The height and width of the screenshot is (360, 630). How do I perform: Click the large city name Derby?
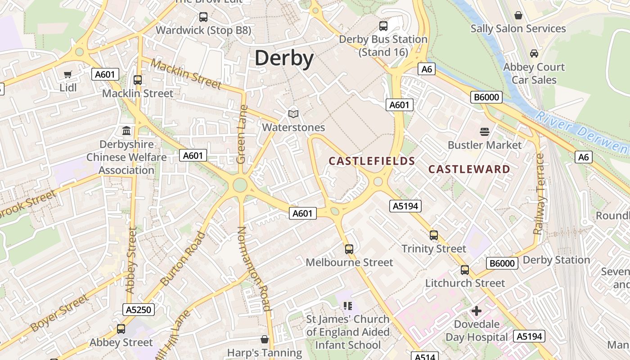284,58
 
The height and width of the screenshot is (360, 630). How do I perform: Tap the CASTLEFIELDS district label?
372,161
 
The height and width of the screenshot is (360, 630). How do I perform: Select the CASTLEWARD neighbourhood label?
469,169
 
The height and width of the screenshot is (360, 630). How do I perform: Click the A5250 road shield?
139,310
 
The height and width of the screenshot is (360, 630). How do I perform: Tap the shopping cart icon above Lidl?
68,75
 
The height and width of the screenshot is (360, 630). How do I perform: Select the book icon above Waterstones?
293,114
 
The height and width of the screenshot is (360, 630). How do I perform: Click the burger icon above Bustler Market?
485,132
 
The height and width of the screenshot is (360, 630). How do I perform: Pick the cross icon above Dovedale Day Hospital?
477,311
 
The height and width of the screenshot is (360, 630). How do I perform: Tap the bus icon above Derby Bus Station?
383,26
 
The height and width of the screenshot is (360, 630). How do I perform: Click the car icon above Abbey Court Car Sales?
534,54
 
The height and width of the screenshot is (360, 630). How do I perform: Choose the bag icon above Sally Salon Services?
518,15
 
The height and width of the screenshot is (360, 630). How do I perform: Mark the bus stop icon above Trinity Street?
434,235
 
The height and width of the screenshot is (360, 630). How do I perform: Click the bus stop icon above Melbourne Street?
349,249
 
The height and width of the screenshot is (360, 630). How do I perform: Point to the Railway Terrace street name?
539,194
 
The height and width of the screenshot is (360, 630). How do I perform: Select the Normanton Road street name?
254,269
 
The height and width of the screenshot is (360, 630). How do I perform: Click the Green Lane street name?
242,134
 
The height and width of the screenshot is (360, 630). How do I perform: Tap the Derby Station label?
556,260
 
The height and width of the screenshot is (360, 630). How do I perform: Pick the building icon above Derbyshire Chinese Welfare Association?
127,131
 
